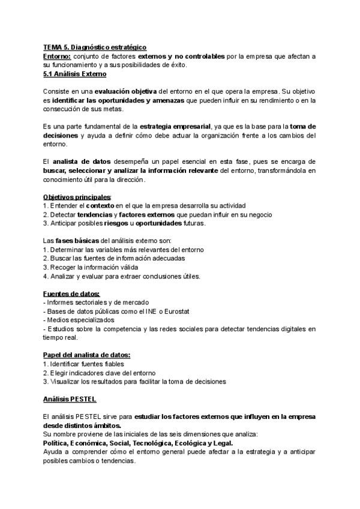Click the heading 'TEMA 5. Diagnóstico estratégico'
click(x=95, y=47)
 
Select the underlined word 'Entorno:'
click(x=57, y=56)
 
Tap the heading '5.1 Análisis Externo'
click(x=74, y=74)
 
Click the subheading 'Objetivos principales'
click(x=77, y=197)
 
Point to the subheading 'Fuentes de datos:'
click(x=71, y=294)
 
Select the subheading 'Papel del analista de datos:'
click(x=87, y=355)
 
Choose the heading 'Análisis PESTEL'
click(x=70, y=399)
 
